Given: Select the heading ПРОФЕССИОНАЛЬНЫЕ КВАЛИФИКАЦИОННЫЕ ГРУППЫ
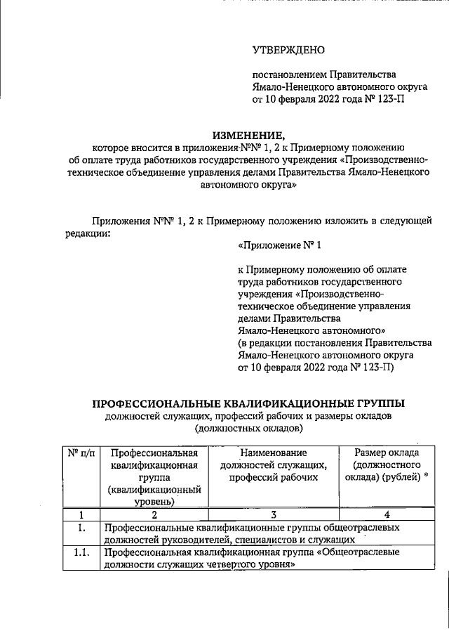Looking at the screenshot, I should [x=249, y=403].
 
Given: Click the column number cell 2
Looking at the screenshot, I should [x=154, y=514].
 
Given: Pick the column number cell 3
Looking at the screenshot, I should [x=273, y=514].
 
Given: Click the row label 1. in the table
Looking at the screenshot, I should [x=81, y=526].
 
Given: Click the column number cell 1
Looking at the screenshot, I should [x=81, y=514].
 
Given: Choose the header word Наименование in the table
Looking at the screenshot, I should [x=273, y=453].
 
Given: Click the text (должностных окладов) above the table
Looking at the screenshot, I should [x=249, y=427].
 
